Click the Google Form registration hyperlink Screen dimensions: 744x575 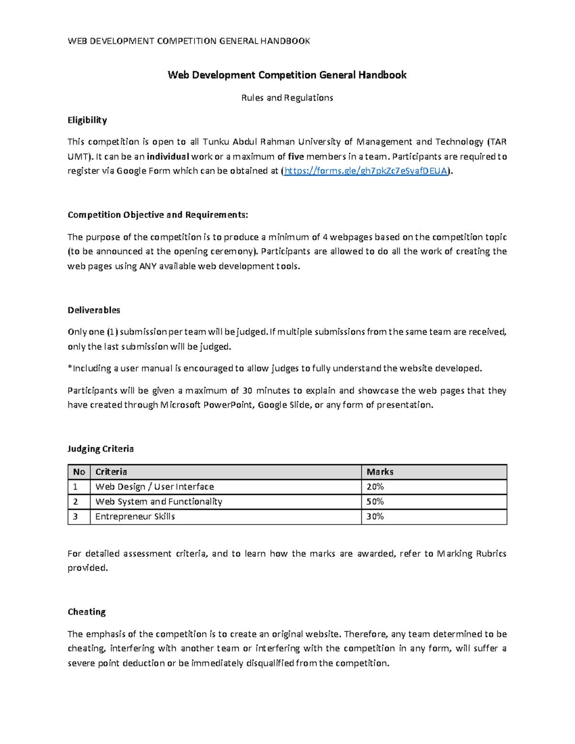click(366, 171)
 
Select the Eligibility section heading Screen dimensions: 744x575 click(87, 120)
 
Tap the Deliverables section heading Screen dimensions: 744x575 click(94, 310)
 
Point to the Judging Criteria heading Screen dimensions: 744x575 click(101, 449)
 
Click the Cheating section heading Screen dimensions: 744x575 click(87, 612)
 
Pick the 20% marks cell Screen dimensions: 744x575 click(375, 487)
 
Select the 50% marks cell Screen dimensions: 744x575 click(375, 502)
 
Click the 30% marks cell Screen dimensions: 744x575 click(375, 516)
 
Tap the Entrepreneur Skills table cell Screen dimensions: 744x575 click(135, 516)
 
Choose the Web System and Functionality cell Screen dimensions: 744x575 click(159, 502)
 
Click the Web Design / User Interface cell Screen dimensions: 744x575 click(154, 487)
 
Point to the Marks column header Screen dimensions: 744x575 click(380, 472)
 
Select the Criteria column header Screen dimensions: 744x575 click(111, 472)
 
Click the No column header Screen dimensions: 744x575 click(79, 472)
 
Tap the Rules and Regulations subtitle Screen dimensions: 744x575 click(287, 98)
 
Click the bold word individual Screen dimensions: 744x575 click(168, 157)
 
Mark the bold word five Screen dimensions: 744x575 click(296, 157)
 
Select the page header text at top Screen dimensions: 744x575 click(189, 41)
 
